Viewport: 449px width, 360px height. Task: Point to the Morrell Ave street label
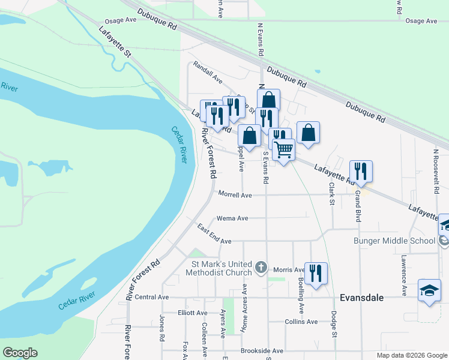click(x=235, y=195)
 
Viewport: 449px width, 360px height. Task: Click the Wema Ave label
click(x=232, y=218)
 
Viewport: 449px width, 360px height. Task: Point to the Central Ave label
click(x=152, y=297)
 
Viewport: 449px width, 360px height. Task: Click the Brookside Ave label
click(x=262, y=350)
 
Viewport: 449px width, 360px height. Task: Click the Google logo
click(x=20, y=353)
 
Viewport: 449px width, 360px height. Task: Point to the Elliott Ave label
click(x=193, y=313)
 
